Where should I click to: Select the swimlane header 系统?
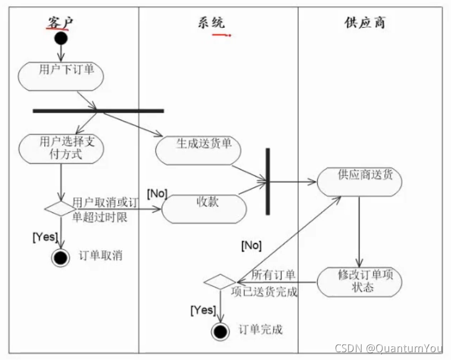211,22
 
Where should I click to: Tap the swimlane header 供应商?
365,22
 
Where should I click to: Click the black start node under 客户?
61,38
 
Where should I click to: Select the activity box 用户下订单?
61,76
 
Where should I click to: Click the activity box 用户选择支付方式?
61,148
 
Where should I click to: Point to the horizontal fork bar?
98,111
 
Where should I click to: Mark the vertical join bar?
268,181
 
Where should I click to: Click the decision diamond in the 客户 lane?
60,208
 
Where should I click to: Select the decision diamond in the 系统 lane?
220,282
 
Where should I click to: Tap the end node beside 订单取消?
60,257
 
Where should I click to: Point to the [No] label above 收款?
157,193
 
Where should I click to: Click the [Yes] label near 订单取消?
45,237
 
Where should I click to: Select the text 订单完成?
260,329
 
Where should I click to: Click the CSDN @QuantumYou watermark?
389,348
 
